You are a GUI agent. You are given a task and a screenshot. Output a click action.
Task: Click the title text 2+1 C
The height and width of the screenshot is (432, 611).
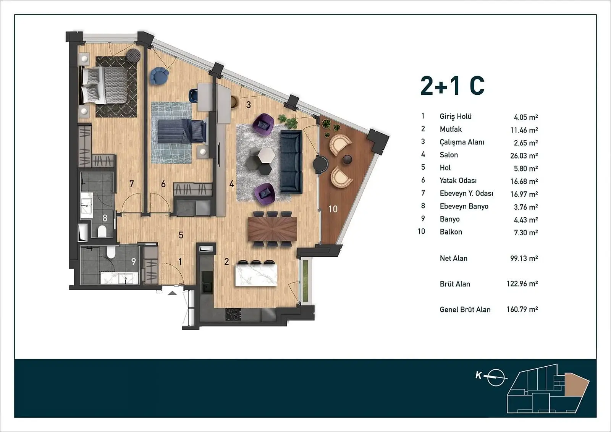click(x=453, y=86)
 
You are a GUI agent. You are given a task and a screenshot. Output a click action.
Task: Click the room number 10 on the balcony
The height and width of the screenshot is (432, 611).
click(x=333, y=209)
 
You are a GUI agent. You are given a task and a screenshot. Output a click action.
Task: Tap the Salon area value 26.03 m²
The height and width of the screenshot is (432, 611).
click(x=524, y=155)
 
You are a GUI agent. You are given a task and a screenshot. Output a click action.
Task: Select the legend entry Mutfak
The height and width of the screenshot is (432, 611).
click(x=451, y=129)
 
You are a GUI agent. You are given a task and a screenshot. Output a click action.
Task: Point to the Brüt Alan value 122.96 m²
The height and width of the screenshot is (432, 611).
click(x=522, y=284)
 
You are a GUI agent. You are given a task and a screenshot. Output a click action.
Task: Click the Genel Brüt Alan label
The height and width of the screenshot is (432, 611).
click(x=465, y=309)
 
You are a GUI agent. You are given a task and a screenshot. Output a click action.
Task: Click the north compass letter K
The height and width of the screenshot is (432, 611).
click(x=478, y=375)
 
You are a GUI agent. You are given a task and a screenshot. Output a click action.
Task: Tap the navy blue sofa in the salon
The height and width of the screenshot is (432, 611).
click(x=291, y=162)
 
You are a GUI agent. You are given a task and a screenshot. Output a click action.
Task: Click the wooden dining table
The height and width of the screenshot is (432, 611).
click(x=272, y=229)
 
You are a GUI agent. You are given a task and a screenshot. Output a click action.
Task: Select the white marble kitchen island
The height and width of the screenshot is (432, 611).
click(x=256, y=275)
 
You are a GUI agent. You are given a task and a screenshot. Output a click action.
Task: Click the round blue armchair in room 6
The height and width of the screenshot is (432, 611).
click(x=159, y=76)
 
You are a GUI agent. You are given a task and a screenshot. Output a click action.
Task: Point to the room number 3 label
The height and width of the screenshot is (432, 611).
click(x=248, y=105)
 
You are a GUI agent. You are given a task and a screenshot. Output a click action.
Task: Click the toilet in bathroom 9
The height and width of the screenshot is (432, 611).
click(x=111, y=252)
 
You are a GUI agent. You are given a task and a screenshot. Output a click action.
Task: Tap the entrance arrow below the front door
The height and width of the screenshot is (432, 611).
click(x=172, y=293)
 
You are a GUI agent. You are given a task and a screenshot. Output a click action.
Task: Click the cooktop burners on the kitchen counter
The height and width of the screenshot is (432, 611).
click(x=233, y=314)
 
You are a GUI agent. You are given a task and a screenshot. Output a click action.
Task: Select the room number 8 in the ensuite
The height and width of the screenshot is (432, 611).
click(x=105, y=218)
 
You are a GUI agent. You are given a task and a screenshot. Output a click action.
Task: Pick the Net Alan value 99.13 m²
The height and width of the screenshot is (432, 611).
click(x=524, y=258)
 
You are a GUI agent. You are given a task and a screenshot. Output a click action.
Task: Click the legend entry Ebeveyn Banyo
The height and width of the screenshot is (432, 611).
click(x=464, y=206)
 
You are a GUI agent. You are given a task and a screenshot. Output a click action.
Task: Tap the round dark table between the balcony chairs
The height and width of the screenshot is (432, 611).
click(x=347, y=160)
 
